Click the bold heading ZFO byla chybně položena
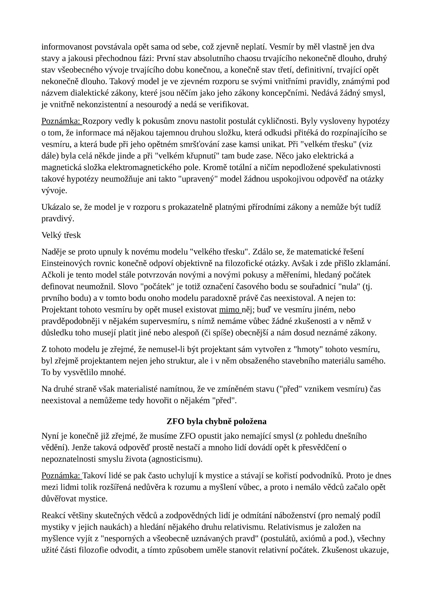pyautogui.click(x=216, y=421)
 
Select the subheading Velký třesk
pyautogui.click(x=61, y=235)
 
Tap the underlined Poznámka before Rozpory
pyautogui.click(x=61, y=121)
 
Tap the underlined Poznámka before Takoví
pyautogui.click(x=61, y=476)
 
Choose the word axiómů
pyautogui.click(x=317, y=539)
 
